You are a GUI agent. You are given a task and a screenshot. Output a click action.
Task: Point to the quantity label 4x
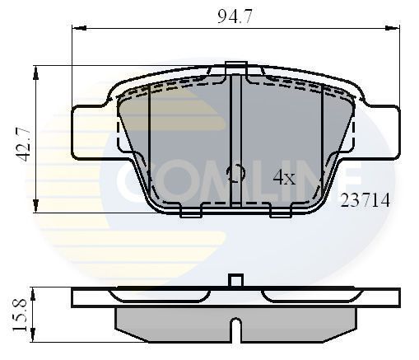[284, 176]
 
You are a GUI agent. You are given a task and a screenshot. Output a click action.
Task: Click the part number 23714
[365, 199]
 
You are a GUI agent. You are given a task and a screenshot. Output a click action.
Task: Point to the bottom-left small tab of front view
[190, 217]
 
